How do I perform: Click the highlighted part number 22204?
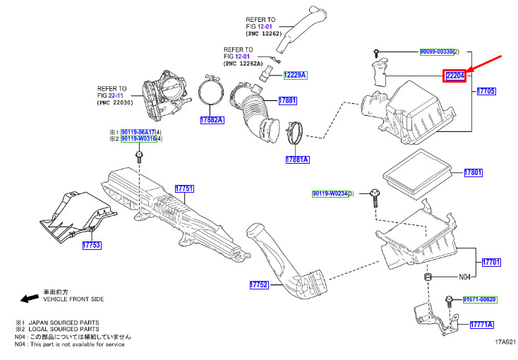click(x=454, y=76)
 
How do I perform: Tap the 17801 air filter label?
click(x=473, y=172)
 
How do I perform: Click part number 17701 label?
click(x=491, y=262)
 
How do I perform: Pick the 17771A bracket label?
click(x=483, y=324)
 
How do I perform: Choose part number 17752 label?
click(x=259, y=285)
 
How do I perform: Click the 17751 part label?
click(x=184, y=188)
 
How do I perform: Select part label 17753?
click(x=92, y=245)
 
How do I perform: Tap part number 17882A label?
click(x=212, y=120)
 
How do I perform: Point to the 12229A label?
click(x=296, y=75)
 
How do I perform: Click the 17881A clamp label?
click(x=297, y=160)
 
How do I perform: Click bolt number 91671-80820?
click(x=480, y=300)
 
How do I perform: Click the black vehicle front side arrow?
click(x=30, y=299)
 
